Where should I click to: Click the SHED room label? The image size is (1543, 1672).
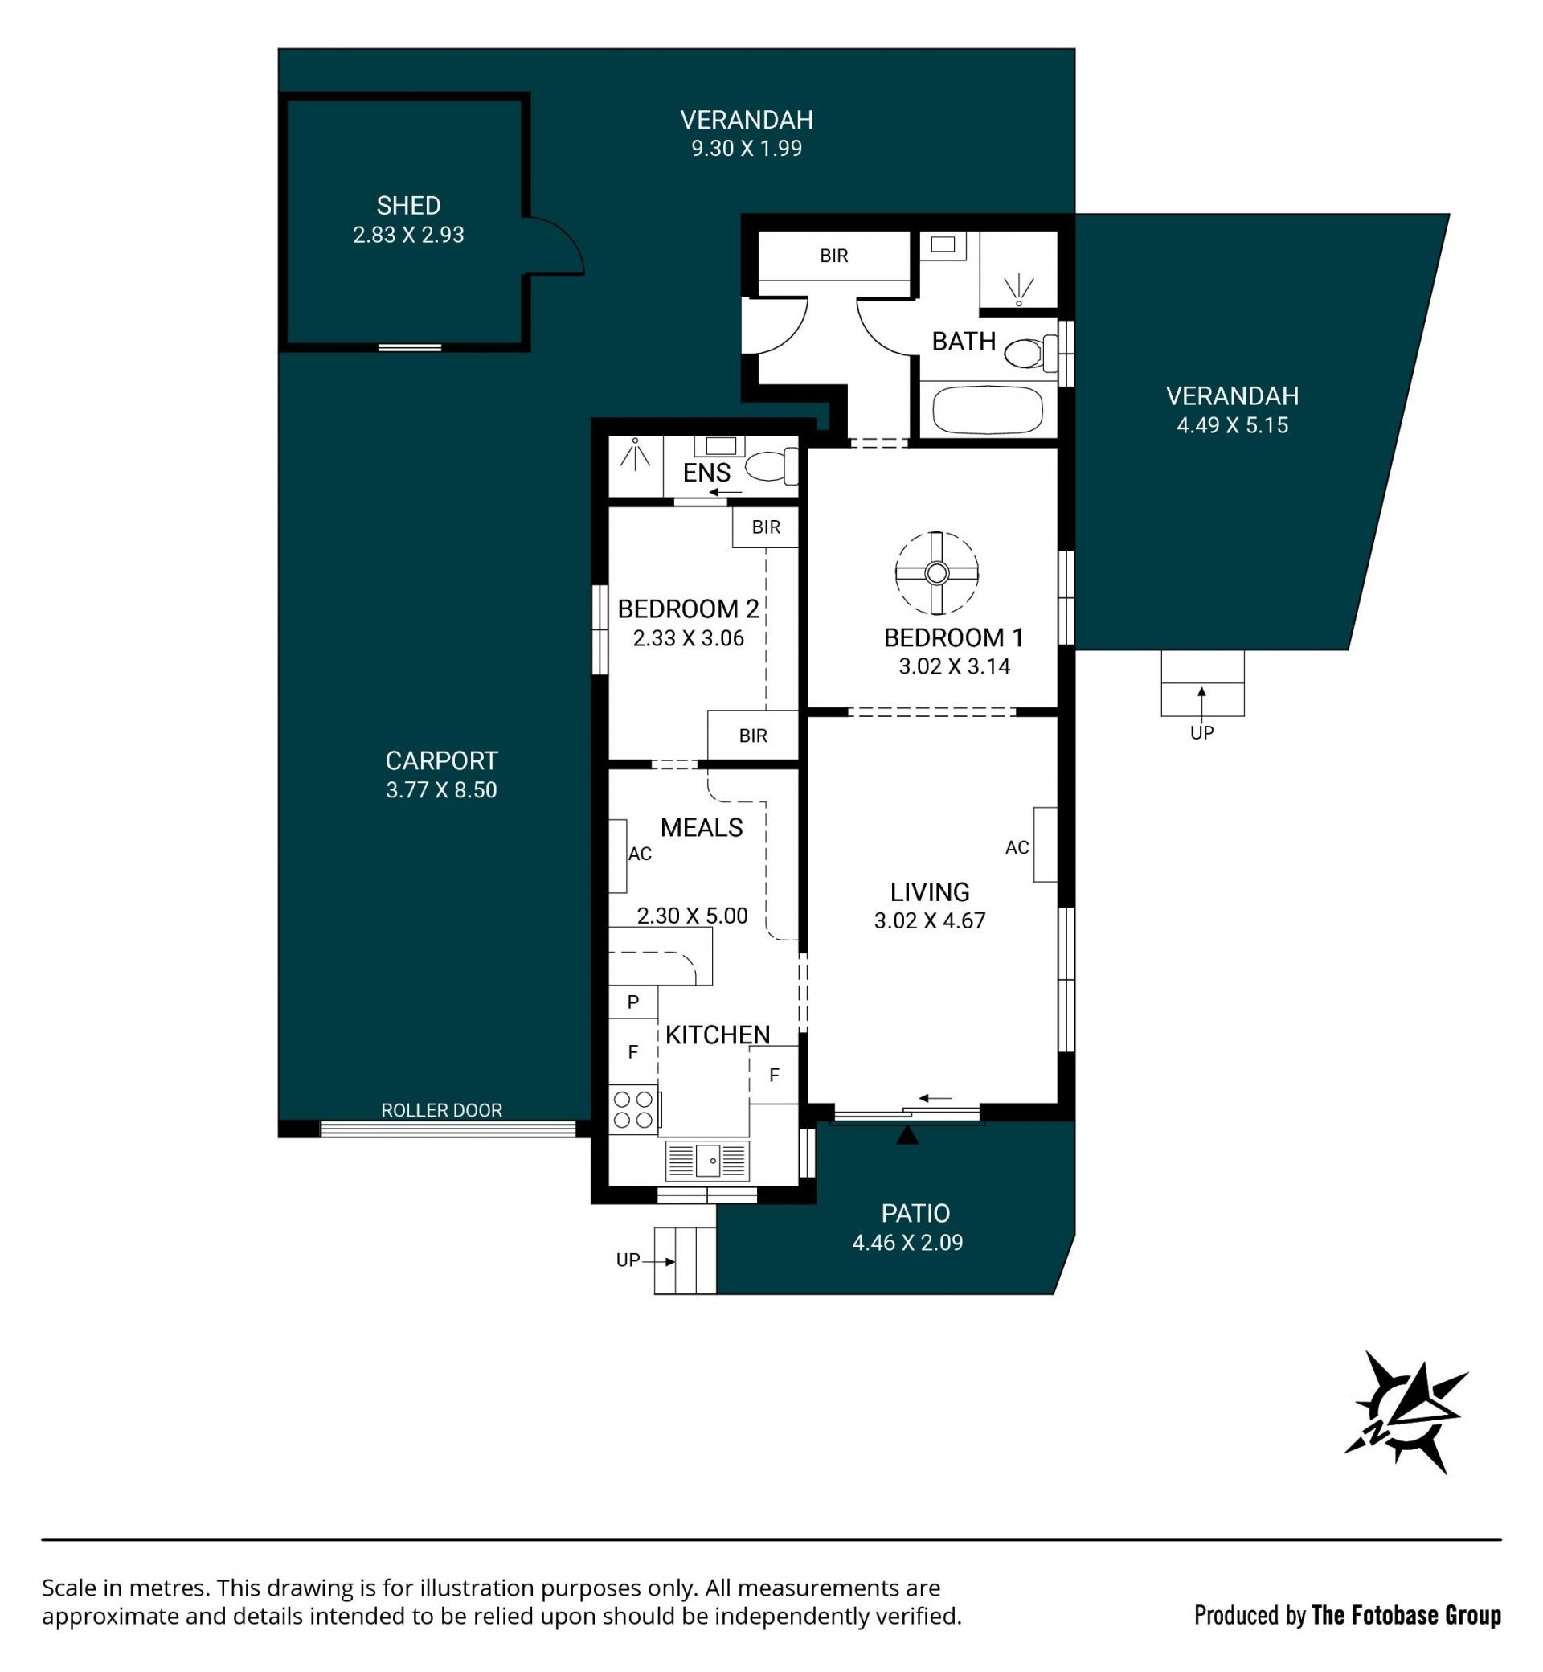pos(408,206)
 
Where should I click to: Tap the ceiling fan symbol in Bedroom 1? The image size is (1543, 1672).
pos(937,573)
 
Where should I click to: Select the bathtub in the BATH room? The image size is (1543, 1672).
pos(987,410)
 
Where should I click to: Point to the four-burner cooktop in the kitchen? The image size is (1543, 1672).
pos(634,1110)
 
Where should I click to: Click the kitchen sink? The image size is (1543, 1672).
pos(707,1161)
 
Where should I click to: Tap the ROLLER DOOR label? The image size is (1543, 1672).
pos(442,1110)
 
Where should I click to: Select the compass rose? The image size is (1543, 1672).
pos(1406,1412)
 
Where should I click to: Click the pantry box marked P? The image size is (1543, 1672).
pos(633,1002)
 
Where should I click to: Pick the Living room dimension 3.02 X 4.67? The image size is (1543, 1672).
pos(930,920)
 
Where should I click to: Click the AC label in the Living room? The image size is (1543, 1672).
pos(1017,848)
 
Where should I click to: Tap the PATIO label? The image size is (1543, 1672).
pos(916,1213)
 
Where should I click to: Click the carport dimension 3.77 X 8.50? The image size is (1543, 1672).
pos(442,790)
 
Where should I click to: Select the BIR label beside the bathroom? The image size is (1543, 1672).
pos(834,256)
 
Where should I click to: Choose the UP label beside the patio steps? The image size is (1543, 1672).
pos(628,1260)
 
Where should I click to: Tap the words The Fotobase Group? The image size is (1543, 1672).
pos(1406,1616)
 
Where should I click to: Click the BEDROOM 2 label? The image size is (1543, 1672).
pos(689,609)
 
